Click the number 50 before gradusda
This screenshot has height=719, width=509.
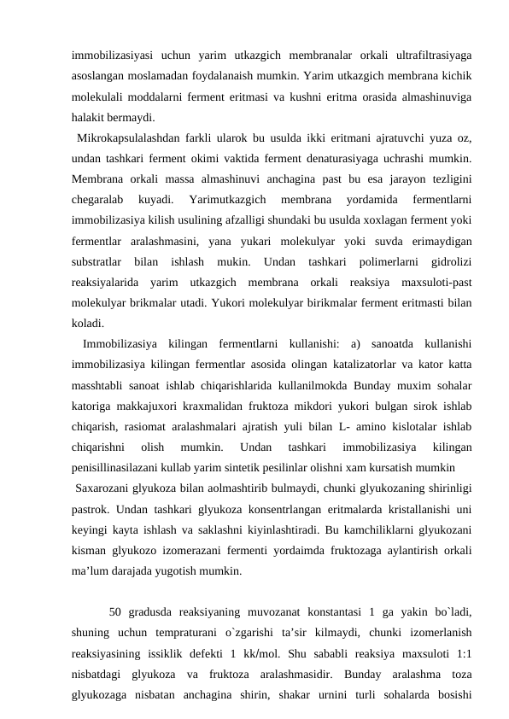(117, 611)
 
